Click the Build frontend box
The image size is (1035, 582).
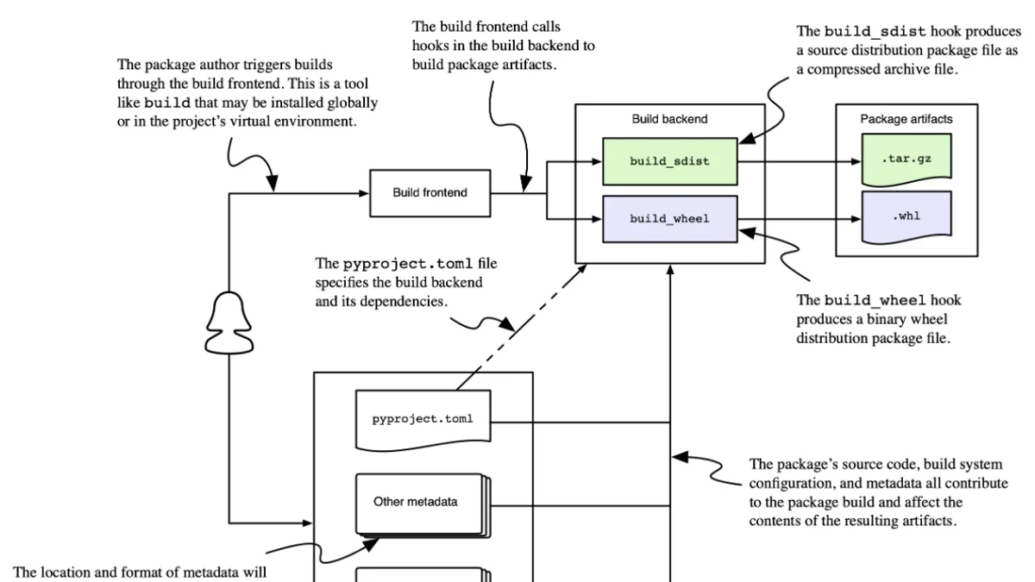pyautogui.click(x=430, y=193)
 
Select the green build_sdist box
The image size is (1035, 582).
pyautogui.click(x=670, y=162)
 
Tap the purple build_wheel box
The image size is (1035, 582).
pyautogui.click(x=670, y=219)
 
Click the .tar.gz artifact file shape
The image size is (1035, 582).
pyautogui.click(x=906, y=160)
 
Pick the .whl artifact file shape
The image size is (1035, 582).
pyautogui.click(x=906, y=217)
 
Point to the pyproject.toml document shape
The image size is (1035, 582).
pyautogui.click(x=423, y=419)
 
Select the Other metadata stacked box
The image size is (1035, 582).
pyautogui.click(x=423, y=505)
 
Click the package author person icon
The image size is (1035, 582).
pyautogui.click(x=229, y=322)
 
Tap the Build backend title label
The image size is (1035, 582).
pyautogui.click(x=669, y=119)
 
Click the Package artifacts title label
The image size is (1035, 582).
pyautogui.click(x=906, y=119)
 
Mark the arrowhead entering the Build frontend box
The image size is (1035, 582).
pyautogui.click(x=364, y=193)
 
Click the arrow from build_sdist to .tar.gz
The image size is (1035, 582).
pyautogui.click(x=800, y=162)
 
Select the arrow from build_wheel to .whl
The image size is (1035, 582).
pyautogui.click(x=800, y=219)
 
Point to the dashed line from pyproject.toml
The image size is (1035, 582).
pyautogui.click(x=522, y=327)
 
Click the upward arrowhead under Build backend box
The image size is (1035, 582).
pyautogui.click(x=670, y=270)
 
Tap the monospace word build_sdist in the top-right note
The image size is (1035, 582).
pyautogui.click(x=875, y=31)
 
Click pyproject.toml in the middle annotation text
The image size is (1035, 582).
pyautogui.click(x=407, y=264)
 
